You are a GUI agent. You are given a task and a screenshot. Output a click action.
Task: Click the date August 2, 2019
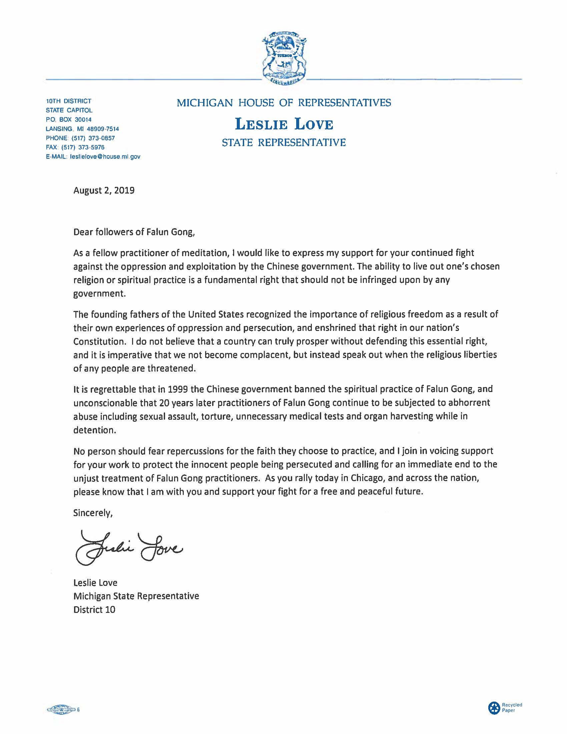pyautogui.click(x=104, y=191)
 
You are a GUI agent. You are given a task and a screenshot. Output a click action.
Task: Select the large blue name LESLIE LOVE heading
pyautogui.click(x=284, y=124)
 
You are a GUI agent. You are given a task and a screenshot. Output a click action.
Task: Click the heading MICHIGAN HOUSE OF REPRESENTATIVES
pyautogui.click(x=284, y=102)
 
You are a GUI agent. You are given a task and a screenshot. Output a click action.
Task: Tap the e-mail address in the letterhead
pyautogui.click(x=105, y=156)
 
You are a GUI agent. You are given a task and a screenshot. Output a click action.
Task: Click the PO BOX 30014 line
pyautogui.click(x=68, y=120)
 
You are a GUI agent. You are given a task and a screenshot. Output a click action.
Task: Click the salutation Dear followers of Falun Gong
pyautogui.click(x=134, y=233)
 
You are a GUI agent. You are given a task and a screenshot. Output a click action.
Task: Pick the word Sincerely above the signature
pyautogui.click(x=93, y=513)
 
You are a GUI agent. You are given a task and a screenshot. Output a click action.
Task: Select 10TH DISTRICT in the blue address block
pyautogui.click(x=68, y=101)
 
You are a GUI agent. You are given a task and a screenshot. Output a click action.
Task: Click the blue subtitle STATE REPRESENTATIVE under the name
pyautogui.click(x=284, y=142)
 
